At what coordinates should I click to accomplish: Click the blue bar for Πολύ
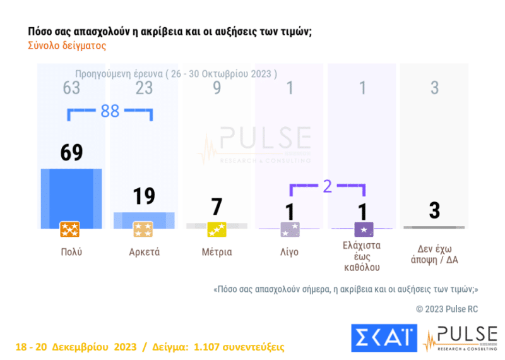click(71, 198)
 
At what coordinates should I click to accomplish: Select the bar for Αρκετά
click(144, 220)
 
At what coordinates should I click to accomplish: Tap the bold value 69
click(71, 153)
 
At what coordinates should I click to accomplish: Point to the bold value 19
click(144, 196)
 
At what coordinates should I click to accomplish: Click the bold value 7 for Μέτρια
click(217, 207)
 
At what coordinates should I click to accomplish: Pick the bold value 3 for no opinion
click(434, 210)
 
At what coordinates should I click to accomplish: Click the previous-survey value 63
click(71, 87)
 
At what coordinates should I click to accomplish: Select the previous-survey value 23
click(144, 87)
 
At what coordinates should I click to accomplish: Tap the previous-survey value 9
click(217, 87)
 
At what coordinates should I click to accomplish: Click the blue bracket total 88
click(110, 111)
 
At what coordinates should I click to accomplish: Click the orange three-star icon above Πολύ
click(69, 229)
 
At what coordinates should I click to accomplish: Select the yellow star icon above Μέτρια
click(217, 229)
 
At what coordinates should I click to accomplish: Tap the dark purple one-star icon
click(363, 229)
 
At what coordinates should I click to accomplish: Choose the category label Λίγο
click(289, 252)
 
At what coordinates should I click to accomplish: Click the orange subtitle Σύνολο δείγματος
click(67, 45)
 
